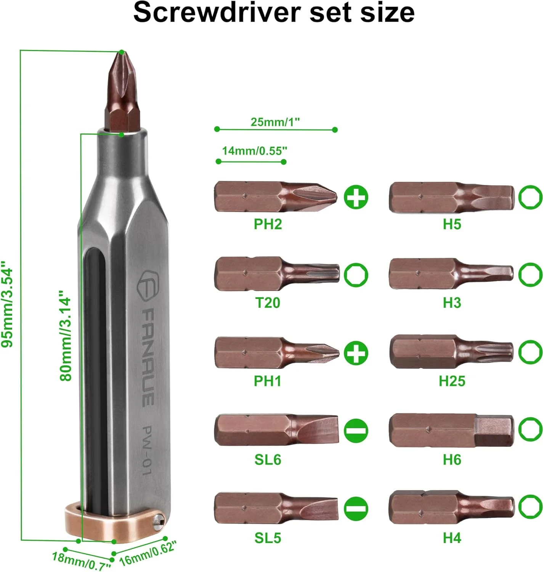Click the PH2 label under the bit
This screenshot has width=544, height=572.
click(268, 224)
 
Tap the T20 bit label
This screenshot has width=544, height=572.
click(268, 303)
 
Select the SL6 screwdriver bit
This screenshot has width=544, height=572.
click(276, 430)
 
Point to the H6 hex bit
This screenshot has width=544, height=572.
click(451, 430)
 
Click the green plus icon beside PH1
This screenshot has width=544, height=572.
click(356, 353)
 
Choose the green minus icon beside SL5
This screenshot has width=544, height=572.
click(356, 509)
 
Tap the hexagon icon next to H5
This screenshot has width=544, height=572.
click(530, 197)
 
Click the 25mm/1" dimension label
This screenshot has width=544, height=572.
click(275, 122)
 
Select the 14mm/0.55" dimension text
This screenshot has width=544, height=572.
click(254, 151)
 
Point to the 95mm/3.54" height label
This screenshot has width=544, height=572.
click(8, 304)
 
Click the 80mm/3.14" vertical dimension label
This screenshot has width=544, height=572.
click(66, 336)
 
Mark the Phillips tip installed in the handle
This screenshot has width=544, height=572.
click(122, 92)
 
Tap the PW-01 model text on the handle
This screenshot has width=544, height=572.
click(147, 450)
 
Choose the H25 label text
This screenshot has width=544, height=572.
click(452, 381)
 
